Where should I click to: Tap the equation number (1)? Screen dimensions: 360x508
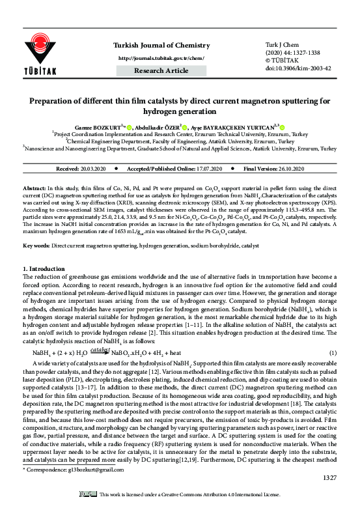pyautogui.click(x=333, y=353)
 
